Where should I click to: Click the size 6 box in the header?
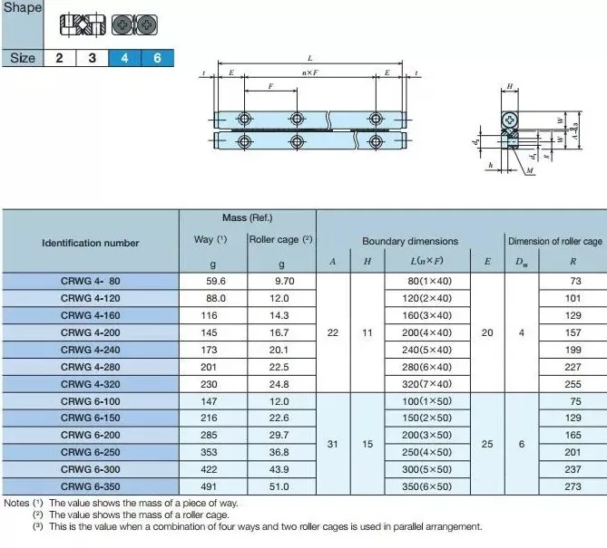point(157,58)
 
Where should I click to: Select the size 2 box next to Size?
point(59,58)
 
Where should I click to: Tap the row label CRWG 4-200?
point(90,332)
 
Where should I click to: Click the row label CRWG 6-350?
point(90,487)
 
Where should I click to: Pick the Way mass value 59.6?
point(216,281)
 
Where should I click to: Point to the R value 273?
point(572,487)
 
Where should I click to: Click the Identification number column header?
point(91,243)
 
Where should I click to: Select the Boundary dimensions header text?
point(410,242)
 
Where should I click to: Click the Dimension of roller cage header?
point(554,242)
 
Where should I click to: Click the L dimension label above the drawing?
point(310,58)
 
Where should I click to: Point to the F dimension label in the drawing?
point(271,87)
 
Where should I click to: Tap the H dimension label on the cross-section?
point(510,87)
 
